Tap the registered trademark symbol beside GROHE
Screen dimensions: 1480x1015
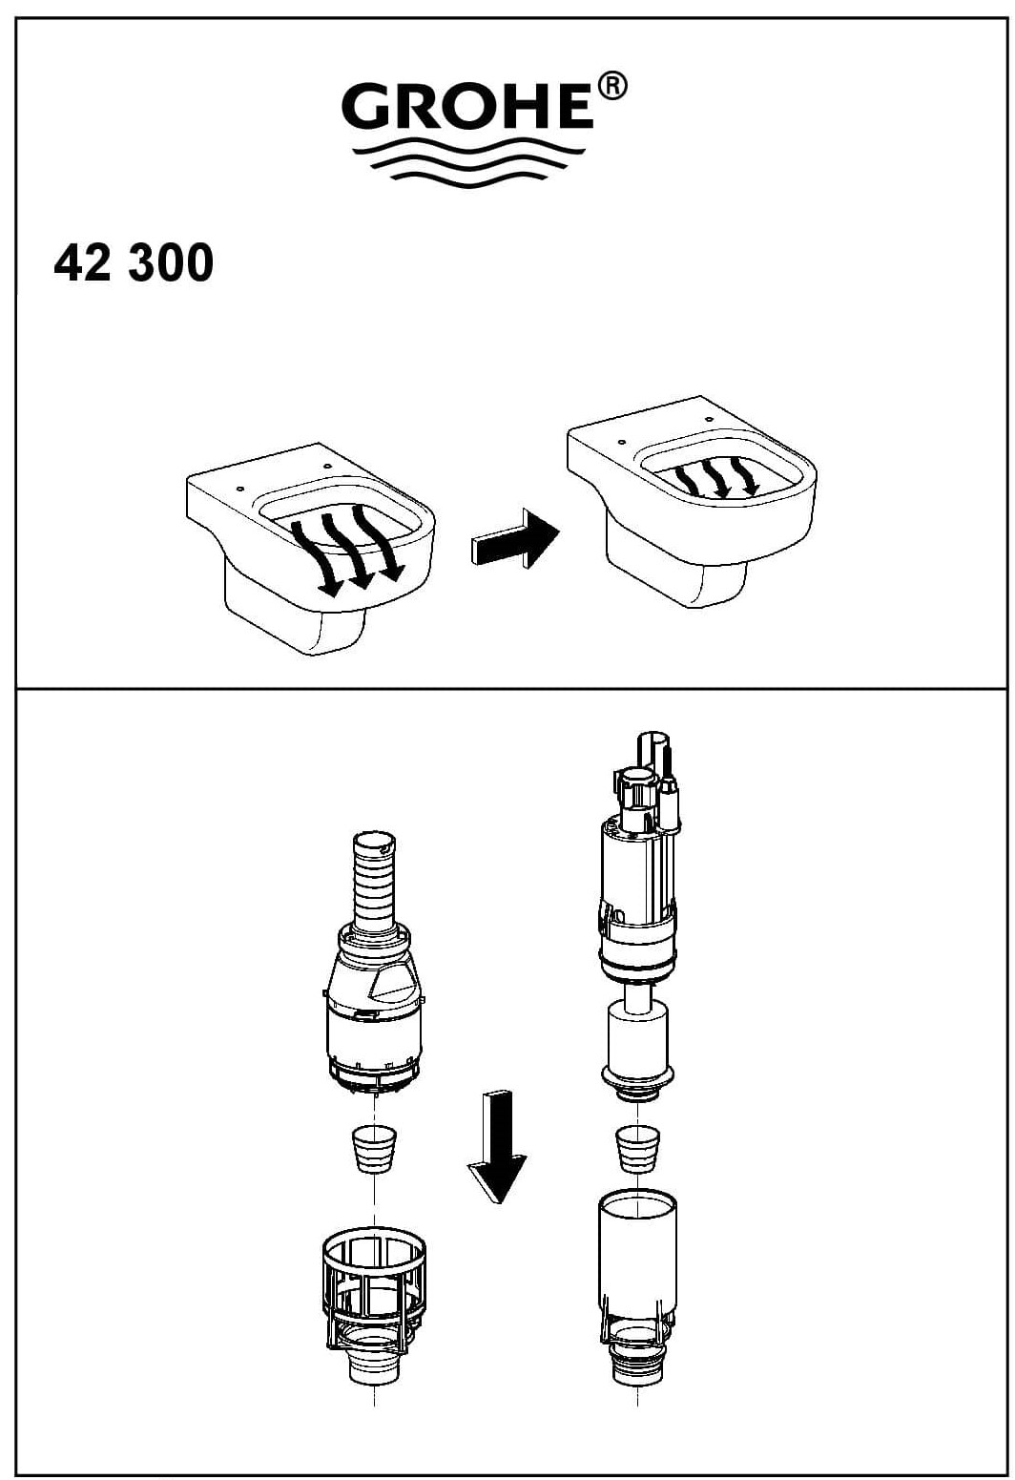(611, 87)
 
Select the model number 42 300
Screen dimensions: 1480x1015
(134, 262)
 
